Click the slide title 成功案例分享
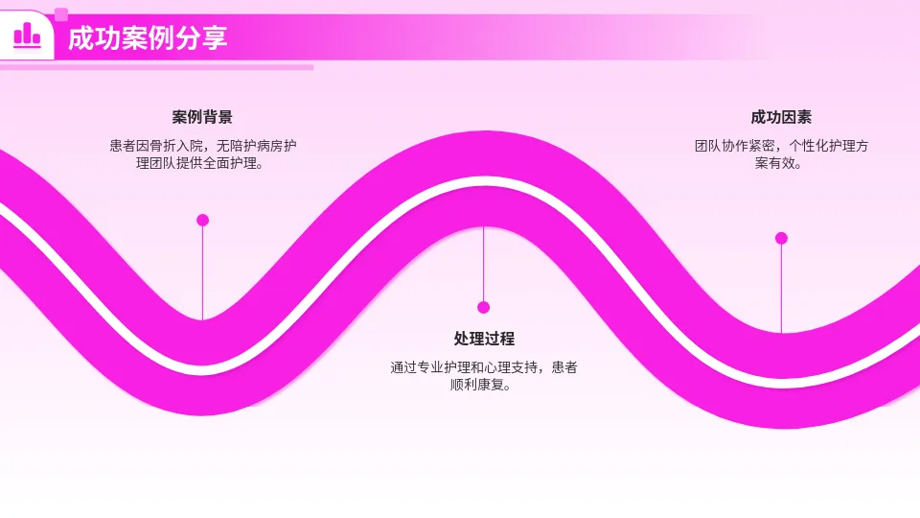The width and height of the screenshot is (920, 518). (148, 38)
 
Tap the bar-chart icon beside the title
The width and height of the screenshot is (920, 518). (27, 35)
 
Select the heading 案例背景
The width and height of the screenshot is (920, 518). (202, 117)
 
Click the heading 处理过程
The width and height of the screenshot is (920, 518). (484, 339)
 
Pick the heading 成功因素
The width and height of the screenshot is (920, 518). (781, 117)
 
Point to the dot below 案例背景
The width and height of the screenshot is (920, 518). (202, 220)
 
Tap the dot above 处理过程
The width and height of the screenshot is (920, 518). (484, 307)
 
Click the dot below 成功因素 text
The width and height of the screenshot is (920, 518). (781, 238)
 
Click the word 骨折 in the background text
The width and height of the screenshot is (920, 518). (164, 146)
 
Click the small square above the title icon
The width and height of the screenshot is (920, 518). (61, 14)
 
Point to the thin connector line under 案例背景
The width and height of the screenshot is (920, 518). (202, 273)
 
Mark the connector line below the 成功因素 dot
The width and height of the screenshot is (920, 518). (781, 288)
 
